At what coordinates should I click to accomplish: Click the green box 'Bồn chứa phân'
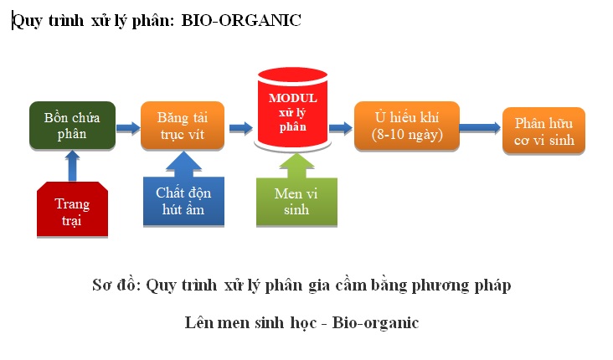click(x=72, y=126)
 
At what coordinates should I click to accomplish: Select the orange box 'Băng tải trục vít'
click(x=183, y=126)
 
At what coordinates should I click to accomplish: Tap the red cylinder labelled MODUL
click(x=293, y=109)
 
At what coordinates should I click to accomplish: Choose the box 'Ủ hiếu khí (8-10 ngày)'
click(x=407, y=126)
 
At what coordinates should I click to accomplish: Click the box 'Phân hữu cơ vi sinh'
click(x=543, y=131)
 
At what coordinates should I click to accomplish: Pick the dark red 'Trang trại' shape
click(x=72, y=209)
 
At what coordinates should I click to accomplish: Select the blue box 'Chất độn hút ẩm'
click(x=183, y=201)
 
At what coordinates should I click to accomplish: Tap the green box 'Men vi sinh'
click(x=296, y=202)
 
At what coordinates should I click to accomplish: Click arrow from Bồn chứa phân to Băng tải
click(x=128, y=128)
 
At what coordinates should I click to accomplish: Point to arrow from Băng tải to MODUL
click(x=241, y=128)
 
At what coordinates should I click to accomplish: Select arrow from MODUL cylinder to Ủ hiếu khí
click(x=341, y=128)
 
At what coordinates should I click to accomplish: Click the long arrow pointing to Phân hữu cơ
click(x=480, y=128)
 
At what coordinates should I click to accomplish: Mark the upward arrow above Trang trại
click(x=72, y=166)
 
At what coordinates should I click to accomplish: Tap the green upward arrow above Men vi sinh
click(x=296, y=166)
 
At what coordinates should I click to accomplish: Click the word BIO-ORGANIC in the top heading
click(x=241, y=20)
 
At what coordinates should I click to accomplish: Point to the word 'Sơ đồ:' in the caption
click(x=116, y=285)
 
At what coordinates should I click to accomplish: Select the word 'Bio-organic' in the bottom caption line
click(x=375, y=323)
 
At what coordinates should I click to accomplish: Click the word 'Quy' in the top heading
click(x=28, y=21)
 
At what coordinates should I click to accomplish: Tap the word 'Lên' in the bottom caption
click(x=198, y=323)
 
